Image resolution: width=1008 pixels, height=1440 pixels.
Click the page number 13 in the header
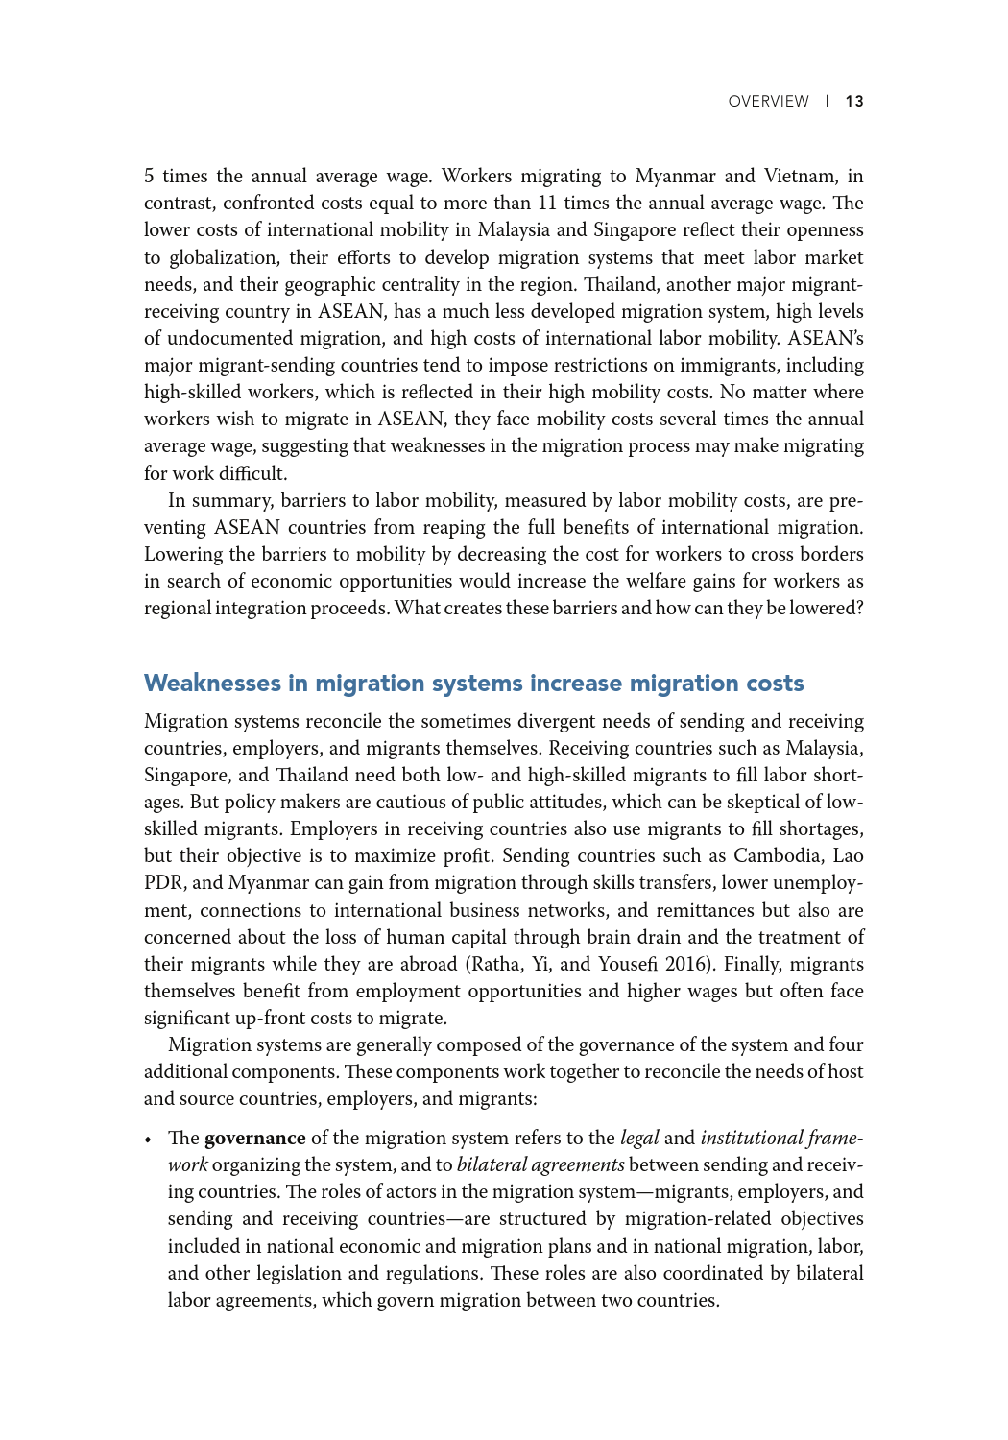854,102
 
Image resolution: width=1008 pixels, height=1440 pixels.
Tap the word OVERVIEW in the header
768,102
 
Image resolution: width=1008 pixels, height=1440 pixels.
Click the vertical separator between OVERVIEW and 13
827,102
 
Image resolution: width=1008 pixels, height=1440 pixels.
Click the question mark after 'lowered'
859,609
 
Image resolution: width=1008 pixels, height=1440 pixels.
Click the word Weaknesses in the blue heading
212,684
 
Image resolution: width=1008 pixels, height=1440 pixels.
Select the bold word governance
254,1139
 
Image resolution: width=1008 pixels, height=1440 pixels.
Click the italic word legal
639,1139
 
